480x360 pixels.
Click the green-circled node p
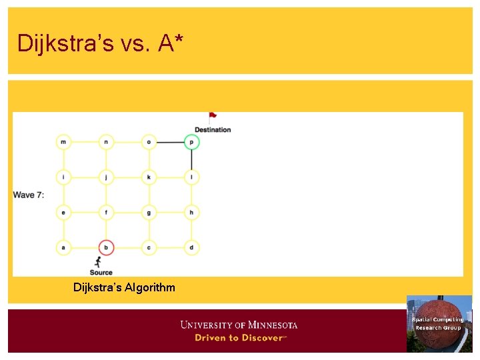click(x=191, y=141)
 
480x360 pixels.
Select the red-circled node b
click(x=106, y=247)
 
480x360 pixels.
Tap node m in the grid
click(x=63, y=141)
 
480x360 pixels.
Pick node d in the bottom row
click(x=191, y=247)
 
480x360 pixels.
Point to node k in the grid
click(x=149, y=177)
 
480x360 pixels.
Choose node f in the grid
click(x=106, y=212)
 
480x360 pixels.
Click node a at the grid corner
click(x=63, y=247)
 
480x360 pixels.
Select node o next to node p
click(x=149, y=141)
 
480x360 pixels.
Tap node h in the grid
click(x=191, y=212)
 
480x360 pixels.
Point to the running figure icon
click(x=99, y=261)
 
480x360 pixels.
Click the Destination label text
click(x=213, y=129)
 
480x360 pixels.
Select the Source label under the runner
click(x=101, y=272)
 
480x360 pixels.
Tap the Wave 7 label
click(x=28, y=195)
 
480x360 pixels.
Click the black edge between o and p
click(x=170, y=141)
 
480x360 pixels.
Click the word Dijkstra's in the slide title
click(x=55, y=43)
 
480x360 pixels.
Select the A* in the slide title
click(x=171, y=43)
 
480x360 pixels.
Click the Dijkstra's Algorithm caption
click(x=124, y=287)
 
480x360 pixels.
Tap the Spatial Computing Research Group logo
click(x=439, y=323)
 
